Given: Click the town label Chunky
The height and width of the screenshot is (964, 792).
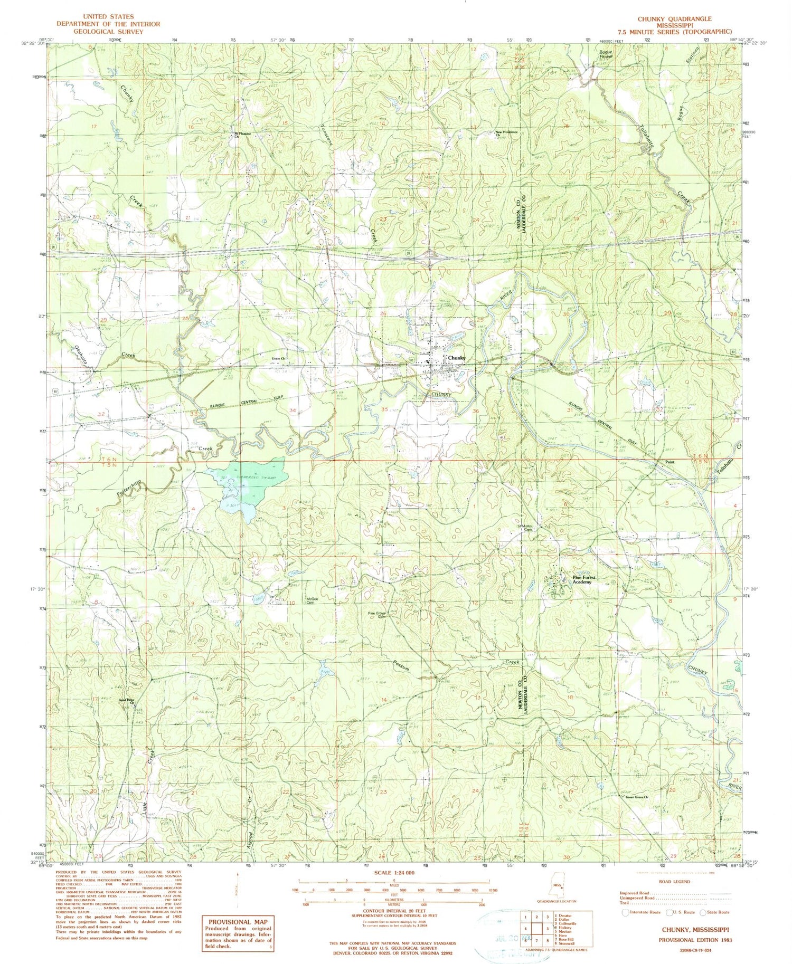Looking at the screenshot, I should click(x=456, y=358).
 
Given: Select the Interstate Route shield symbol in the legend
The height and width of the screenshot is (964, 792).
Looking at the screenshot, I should click(x=626, y=912).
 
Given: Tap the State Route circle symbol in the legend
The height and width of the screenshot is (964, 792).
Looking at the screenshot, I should click(x=703, y=912).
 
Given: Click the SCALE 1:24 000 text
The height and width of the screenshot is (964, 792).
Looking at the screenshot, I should click(x=394, y=873).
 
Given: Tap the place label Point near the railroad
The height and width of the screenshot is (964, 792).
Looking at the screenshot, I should click(x=670, y=462).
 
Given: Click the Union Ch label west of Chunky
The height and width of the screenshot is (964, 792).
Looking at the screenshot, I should click(x=278, y=359).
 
